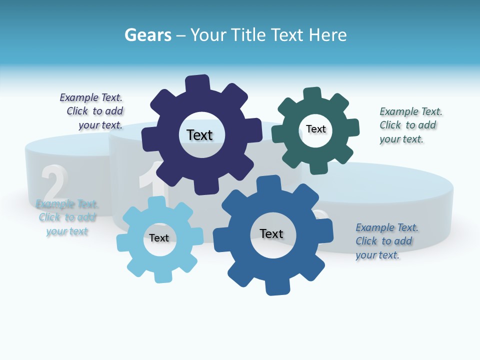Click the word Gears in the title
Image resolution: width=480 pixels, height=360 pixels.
click(148, 35)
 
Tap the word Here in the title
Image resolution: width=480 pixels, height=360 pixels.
click(327, 35)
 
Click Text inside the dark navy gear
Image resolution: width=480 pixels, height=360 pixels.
click(199, 135)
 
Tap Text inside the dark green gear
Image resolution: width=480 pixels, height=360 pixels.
click(315, 129)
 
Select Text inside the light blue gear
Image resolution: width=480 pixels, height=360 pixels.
click(159, 238)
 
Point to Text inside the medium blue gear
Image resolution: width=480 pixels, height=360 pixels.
click(271, 233)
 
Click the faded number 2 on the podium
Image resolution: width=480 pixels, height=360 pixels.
click(54, 183)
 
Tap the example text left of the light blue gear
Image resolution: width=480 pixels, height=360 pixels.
click(67, 217)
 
